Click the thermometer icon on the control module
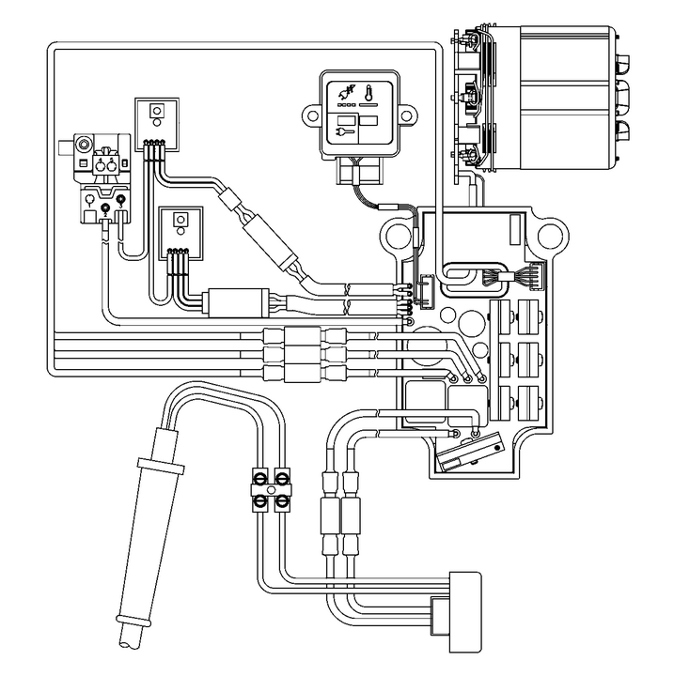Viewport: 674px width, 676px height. point(369,97)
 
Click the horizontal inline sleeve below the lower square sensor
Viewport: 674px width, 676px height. point(235,302)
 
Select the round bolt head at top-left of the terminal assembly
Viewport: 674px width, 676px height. point(86,145)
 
